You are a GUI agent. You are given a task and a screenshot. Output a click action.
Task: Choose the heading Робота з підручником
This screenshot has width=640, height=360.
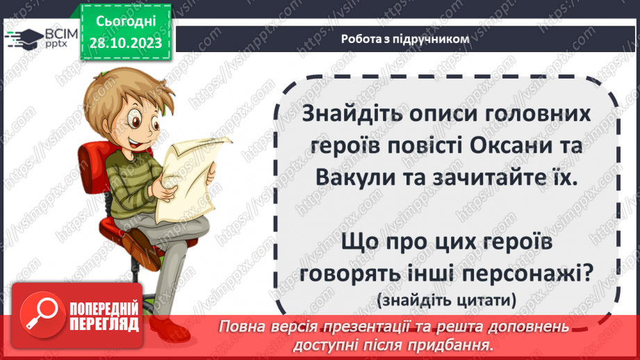[405, 39]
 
